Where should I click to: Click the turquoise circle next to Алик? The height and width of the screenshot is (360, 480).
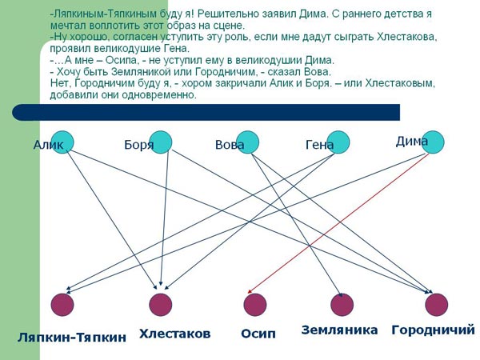[62, 142]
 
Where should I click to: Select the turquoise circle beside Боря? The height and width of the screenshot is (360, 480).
[161, 142]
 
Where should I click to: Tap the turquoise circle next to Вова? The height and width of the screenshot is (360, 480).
[248, 142]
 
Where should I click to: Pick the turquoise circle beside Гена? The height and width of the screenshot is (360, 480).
[338, 142]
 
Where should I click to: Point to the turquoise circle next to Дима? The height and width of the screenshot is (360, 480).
[433, 142]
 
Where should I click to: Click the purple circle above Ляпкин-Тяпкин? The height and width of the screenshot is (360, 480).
[62, 305]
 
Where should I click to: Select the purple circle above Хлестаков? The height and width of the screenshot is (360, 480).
[161, 305]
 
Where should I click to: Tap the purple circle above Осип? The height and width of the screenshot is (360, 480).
[255, 305]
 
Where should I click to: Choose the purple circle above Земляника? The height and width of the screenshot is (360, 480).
[342, 305]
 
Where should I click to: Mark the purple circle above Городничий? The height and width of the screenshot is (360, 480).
[437, 305]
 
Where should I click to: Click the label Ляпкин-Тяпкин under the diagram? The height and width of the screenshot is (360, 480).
[72, 338]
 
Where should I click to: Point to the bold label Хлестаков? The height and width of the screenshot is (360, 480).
[174, 334]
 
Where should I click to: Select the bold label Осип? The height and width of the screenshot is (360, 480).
[258, 334]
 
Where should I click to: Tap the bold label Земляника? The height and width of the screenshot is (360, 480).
[339, 330]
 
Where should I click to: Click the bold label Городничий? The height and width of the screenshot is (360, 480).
[433, 330]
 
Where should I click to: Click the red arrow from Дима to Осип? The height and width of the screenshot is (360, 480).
[338, 223]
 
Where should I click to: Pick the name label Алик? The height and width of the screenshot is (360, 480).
[48, 145]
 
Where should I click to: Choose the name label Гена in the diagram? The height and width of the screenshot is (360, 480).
[319, 145]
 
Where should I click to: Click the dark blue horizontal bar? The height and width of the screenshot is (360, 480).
[206, 112]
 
